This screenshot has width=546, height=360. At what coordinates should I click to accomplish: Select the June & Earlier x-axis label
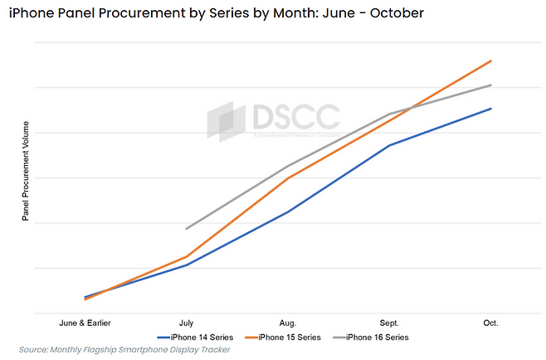coord(85,323)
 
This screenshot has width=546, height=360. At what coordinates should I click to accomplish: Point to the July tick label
coord(187,323)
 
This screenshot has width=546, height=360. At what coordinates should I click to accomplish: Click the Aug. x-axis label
coord(288,323)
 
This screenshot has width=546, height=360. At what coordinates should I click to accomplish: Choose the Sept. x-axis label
coord(390,323)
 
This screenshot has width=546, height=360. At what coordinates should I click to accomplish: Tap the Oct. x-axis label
coord(491,323)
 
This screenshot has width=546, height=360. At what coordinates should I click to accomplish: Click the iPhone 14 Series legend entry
coord(199,337)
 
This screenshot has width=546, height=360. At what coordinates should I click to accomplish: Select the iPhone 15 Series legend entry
coord(286,337)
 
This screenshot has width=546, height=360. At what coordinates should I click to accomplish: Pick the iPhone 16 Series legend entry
coord(373,337)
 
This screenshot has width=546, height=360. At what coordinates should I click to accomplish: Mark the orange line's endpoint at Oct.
coord(491,61)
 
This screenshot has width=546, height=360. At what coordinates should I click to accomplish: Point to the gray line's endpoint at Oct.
coord(491,85)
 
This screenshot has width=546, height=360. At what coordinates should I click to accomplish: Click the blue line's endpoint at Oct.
coord(491,109)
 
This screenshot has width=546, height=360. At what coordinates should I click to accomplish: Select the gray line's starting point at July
coord(187,229)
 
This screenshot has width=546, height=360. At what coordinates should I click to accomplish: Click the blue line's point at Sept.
coord(390,145)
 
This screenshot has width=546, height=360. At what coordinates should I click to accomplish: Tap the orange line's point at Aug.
coord(288,178)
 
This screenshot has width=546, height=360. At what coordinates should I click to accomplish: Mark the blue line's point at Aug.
coord(288,212)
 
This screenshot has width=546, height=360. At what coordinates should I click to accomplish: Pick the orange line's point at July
coord(187,257)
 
